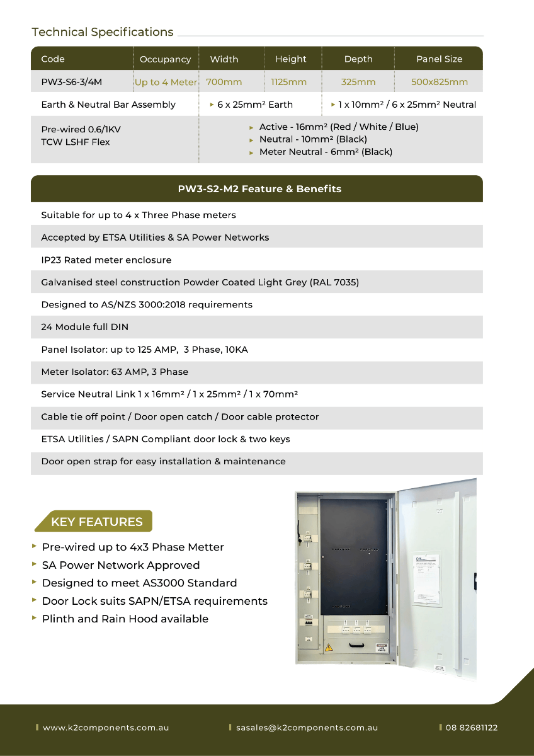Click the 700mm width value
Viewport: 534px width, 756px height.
tap(224, 82)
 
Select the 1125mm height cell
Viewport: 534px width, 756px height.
tap(289, 82)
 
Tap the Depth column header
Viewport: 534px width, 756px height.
tap(358, 59)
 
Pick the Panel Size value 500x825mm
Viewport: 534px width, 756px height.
tap(440, 82)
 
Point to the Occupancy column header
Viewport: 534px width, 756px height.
tap(165, 59)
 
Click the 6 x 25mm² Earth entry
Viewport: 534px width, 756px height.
tap(254, 105)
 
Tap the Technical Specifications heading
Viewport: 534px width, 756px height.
tap(103, 32)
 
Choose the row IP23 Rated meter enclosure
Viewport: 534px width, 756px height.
tap(106, 260)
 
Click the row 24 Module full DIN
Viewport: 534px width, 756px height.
tap(85, 327)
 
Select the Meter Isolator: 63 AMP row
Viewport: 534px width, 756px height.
tap(115, 372)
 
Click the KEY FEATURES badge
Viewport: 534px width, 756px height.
tap(96, 522)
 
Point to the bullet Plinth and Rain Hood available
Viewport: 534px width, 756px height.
tap(125, 619)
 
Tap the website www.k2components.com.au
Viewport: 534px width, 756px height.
tap(106, 728)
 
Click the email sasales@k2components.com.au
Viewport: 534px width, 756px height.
tap(307, 728)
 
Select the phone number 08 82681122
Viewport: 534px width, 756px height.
tap(471, 728)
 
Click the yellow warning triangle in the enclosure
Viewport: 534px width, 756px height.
tap(329, 647)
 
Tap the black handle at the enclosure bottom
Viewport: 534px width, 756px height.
tap(358, 644)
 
